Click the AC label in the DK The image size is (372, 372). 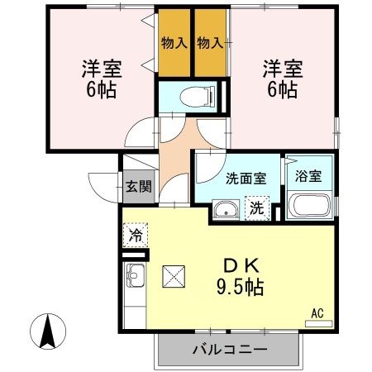(317, 312)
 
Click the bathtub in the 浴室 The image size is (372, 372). (310, 207)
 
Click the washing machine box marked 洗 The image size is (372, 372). (257, 208)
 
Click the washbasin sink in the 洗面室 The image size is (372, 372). (224, 211)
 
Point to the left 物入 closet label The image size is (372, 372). (173, 42)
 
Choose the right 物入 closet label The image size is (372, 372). (210, 42)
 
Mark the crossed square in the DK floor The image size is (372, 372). (175, 277)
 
